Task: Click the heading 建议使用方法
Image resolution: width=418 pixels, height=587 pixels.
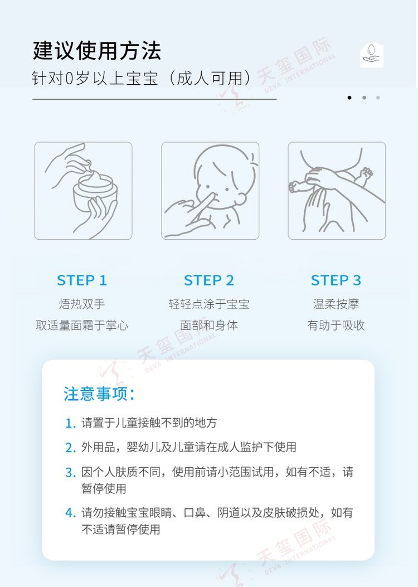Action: (x=97, y=51)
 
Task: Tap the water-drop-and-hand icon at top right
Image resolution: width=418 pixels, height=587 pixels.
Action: (x=372, y=55)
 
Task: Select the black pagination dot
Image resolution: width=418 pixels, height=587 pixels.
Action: (x=349, y=98)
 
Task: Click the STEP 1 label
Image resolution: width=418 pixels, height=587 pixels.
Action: (x=82, y=280)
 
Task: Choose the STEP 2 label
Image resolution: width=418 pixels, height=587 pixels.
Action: (x=209, y=280)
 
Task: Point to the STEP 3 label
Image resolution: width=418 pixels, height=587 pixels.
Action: (x=336, y=280)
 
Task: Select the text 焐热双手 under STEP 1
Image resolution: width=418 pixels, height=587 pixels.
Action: (x=82, y=304)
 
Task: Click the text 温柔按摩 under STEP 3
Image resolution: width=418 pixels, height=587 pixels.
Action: (x=336, y=304)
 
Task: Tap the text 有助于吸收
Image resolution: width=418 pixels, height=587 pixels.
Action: (x=336, y=326)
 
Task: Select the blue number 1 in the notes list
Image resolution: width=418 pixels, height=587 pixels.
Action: (x=70, y=424)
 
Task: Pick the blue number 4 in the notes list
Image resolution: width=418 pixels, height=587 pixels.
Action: (x=70, y=513)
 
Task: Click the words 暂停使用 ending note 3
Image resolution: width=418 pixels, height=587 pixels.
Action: (x=104, y=488)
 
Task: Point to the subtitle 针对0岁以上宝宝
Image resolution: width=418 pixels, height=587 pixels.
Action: (x=95, y=79)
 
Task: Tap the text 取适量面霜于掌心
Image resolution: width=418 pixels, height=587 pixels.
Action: (x=82, y=326)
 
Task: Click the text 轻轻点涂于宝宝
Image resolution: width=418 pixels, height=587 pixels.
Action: (x=209, y=304)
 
